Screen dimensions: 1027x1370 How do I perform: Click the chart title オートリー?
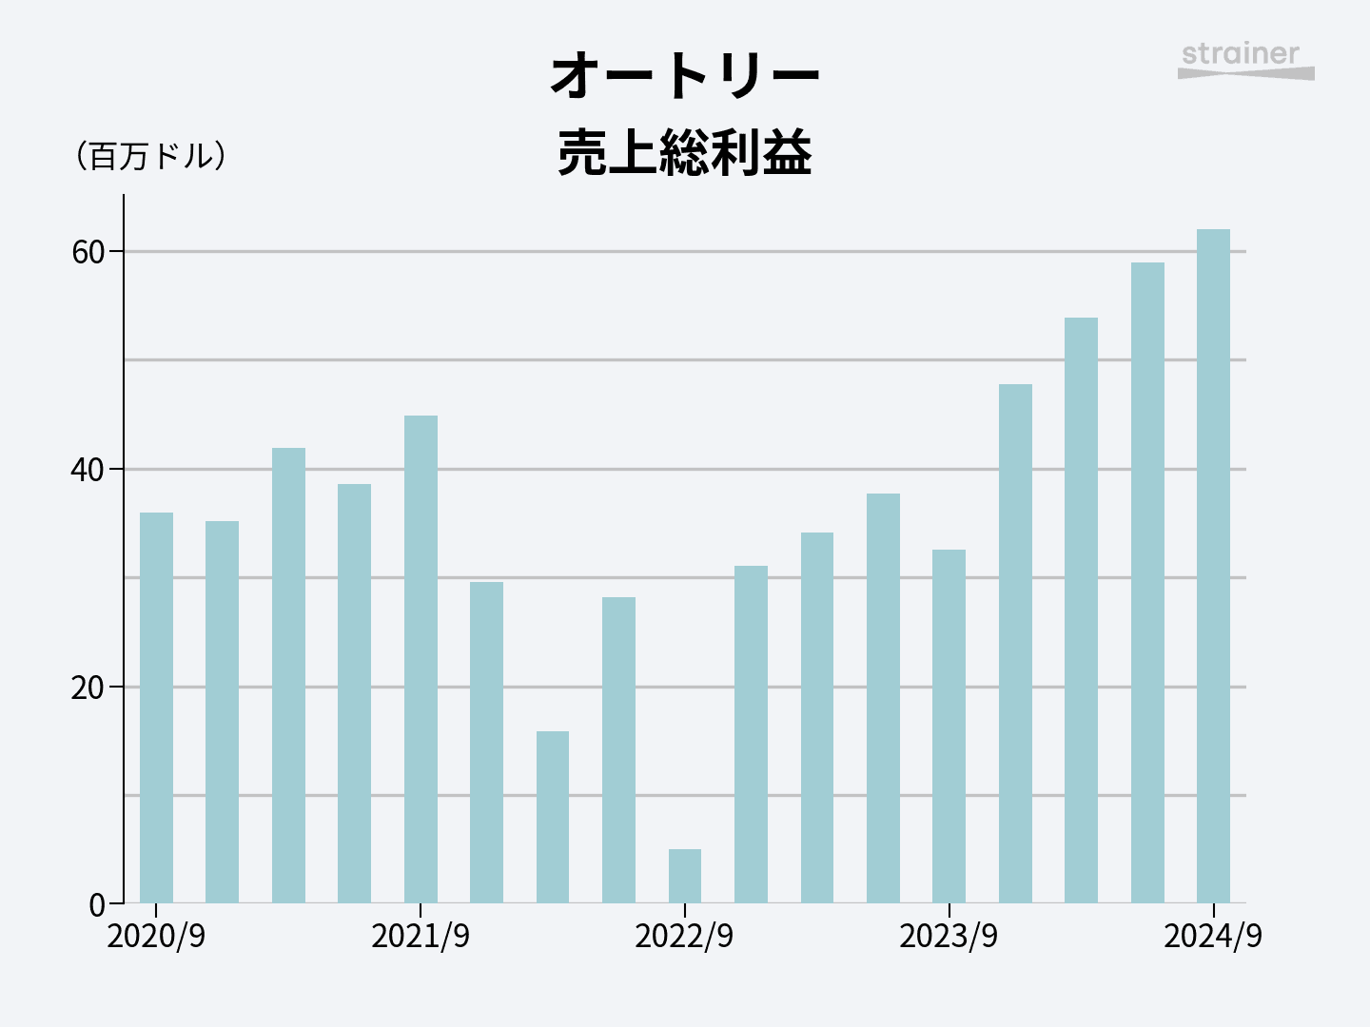[684, 76]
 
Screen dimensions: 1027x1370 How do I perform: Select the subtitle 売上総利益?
[684, 152]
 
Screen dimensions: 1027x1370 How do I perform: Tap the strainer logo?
[1244, 60]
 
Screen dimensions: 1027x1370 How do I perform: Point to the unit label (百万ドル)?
[150, 156]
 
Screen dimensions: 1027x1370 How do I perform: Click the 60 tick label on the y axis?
[88, 252]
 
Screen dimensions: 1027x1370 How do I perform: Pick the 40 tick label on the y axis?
[88, 470]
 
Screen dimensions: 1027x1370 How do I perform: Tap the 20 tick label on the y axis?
[88, 688]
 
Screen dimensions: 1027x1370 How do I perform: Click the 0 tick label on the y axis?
[97, 905]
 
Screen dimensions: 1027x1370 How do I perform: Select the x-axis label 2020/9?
[156, 937]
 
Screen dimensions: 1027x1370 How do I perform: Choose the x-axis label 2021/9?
[421, 937]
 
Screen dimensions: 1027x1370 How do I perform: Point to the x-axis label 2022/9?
[684, 937]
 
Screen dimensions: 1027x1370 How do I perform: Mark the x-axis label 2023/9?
[949, 937]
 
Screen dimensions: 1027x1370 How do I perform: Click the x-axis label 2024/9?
[1213, 937]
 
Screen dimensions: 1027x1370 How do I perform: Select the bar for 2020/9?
[156, 708]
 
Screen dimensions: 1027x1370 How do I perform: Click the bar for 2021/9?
[421, 659]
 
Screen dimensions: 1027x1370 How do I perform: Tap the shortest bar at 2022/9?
[685, 876]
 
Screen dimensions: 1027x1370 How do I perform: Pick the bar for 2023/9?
[949, 727]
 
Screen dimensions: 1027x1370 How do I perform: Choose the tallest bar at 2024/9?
[1213, 566]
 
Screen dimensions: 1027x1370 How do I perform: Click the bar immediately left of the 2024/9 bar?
[1147, 582]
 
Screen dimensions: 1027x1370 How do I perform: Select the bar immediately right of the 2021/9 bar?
[486, 742]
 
